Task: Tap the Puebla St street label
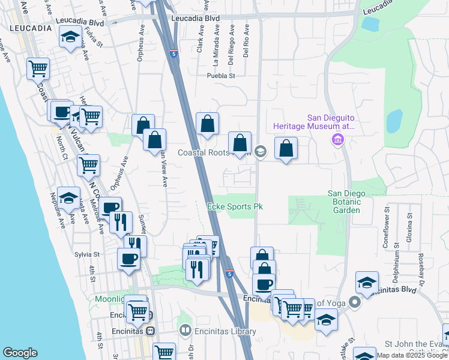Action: [x=220, y=76]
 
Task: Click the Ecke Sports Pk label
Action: [x=235, y=206]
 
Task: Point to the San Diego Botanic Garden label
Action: [x=352, y=202]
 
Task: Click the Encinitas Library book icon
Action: [x=185, y=331]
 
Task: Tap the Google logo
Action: [x=20, y=353]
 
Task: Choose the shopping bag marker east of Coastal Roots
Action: [x=286, y=148]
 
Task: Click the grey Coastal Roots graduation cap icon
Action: [x=260, y=151]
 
